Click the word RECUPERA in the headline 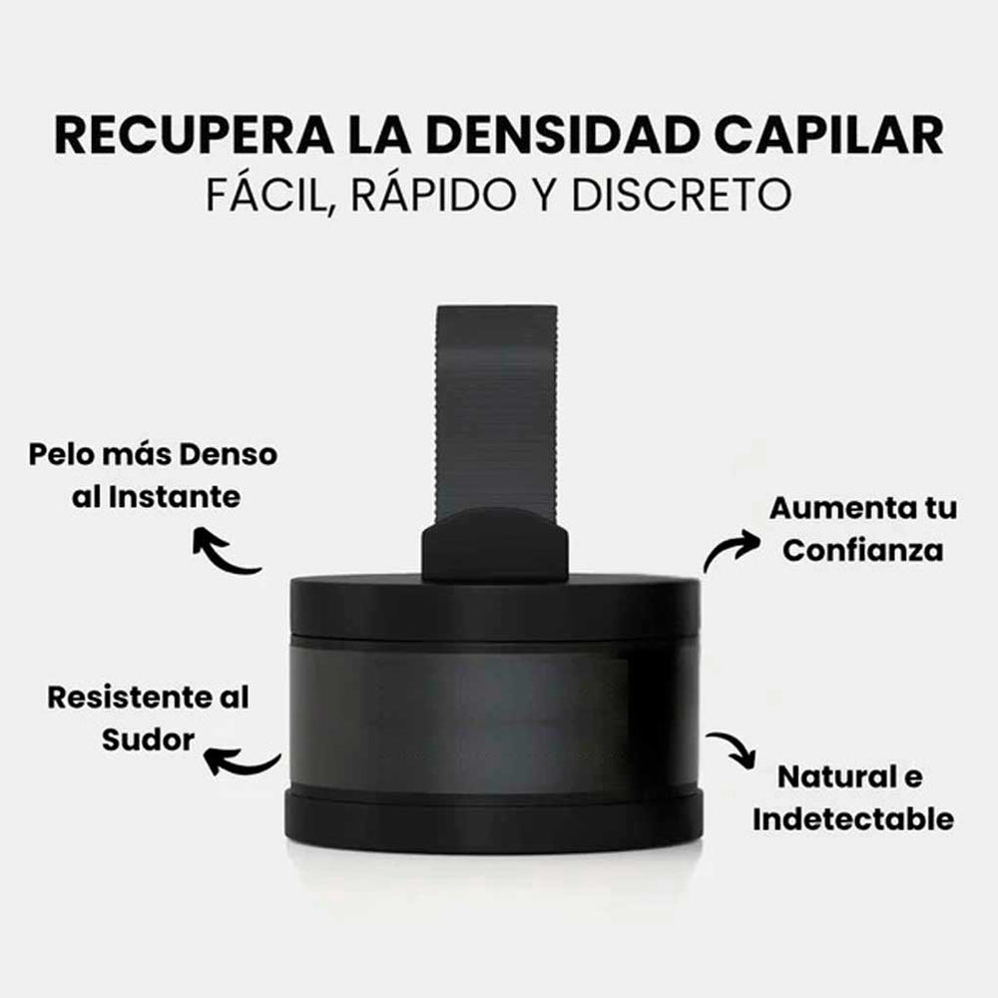click(195, 135)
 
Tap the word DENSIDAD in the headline click(562, 135)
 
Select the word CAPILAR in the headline click(828, 135)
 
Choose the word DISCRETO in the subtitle click(681, 195)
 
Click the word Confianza click(863, 551)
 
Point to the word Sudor click(149, 741)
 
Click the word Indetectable click(853, 819)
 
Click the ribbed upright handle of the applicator click(496, 410)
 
